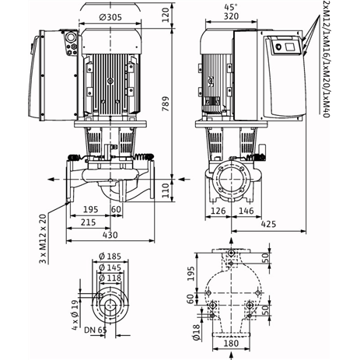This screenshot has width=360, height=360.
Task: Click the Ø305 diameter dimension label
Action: tap(110, 17)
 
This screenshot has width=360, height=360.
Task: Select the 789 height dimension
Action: tap(166, 104)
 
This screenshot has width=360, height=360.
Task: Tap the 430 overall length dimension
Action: tap(110, 235)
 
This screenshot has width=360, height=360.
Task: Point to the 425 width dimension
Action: tap(268, 224)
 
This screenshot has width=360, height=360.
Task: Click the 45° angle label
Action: tap(231, 7)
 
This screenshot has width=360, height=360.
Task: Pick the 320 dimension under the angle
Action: tap(231, 16)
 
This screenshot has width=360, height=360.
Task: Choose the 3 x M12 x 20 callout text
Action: tap(43, 239)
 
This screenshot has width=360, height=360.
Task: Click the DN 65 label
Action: tap(96, 330)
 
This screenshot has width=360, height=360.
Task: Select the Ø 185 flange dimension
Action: tap(110, 257)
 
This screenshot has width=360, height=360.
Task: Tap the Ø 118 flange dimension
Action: tap(110, 278)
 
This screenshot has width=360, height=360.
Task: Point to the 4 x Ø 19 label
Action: tap(75, 315)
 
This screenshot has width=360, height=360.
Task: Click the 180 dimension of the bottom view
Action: tap(231, 344)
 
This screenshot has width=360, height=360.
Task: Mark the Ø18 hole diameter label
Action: tap(197, 332)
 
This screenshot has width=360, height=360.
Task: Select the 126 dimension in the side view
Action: tap(218, 211)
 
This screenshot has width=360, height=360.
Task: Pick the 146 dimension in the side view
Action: tap(246, 211)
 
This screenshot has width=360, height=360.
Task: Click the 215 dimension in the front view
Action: tap(88, 222)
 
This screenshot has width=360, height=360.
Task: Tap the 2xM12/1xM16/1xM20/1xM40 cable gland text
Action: tap(326, 59)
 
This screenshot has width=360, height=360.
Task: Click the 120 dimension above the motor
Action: tap(166, 15)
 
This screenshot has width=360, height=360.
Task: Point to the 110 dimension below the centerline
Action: tap(166, 190)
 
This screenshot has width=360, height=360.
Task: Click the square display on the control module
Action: tap(289, 47)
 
